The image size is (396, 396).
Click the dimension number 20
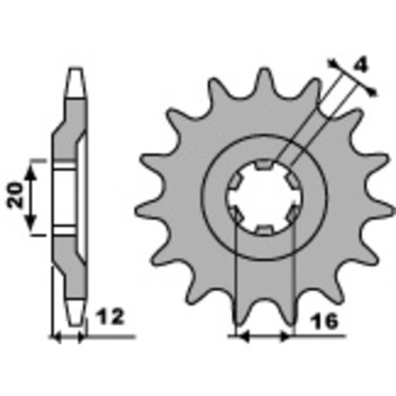click(x=17, y=195)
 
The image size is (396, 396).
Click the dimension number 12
click(x=111, y=317)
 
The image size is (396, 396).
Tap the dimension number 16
click(x=324, y=322)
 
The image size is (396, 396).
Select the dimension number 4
click(x=361, y=66)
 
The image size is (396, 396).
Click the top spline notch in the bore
click(x=265, y=165)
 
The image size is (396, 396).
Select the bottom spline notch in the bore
click(x=265, y=230)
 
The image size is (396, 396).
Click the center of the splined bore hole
click(x=265, y=198)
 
